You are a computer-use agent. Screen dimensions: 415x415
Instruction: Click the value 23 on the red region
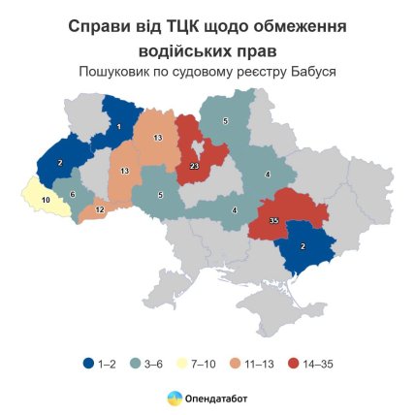coord(195,166)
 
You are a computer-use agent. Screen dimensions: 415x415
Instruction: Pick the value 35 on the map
coord(273,222)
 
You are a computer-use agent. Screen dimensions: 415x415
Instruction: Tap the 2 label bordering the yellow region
coord(60,162)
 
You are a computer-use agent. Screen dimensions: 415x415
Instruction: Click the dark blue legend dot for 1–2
coord(87,364)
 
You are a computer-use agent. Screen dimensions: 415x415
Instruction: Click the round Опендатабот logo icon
coord(174,397)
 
